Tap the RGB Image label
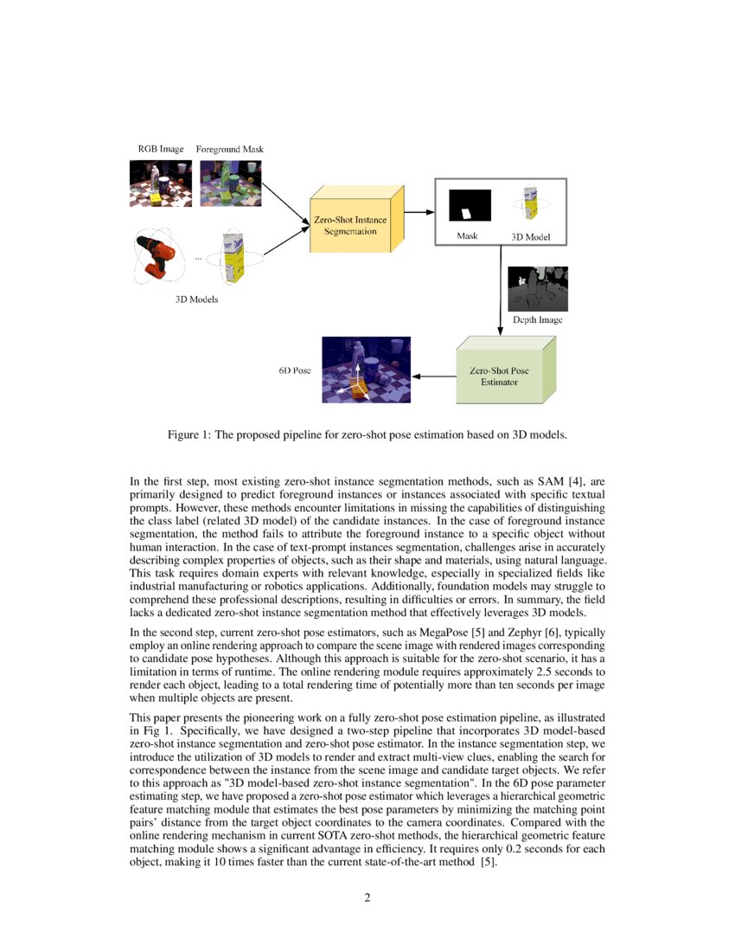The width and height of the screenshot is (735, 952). click(161, 149)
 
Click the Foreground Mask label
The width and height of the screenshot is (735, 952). click(229, 150)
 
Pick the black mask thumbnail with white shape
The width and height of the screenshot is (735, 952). click(469, 206)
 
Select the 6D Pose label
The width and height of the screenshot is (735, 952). click(294, 370)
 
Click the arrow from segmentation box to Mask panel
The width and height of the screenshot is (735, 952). click(419, 211)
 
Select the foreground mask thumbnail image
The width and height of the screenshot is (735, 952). click(229, 183)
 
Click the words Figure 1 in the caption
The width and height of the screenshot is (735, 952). click(188, 434)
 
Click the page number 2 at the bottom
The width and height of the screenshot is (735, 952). click(367, 897)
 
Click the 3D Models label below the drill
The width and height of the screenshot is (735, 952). click(197, 300)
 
